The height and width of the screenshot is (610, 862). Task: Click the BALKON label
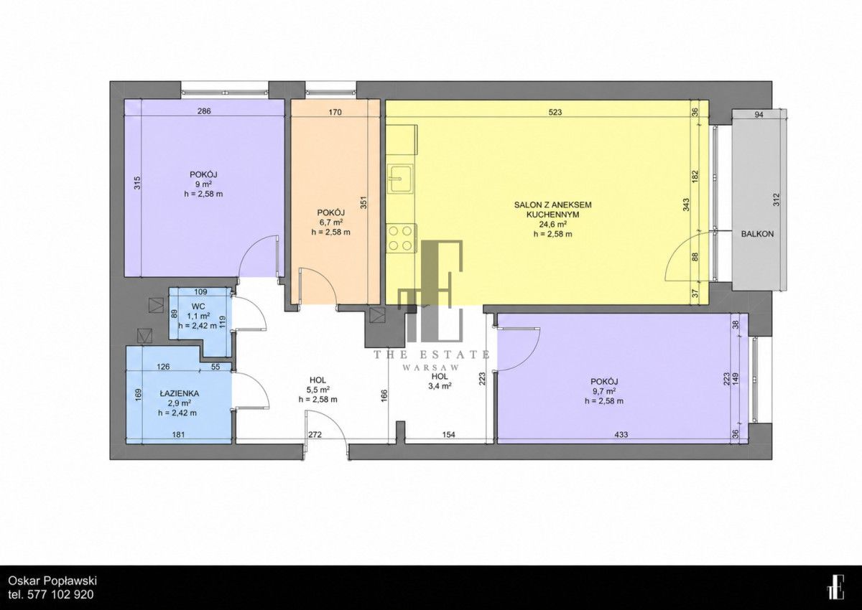[x=758, y=234]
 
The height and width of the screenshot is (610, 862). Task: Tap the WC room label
[x=198, y=306]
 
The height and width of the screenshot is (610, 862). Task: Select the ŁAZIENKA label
[x=180, y=393]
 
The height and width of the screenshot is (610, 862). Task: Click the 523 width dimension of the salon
[x=555, y=112]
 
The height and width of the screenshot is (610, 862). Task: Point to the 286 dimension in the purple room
[x=204, y=111]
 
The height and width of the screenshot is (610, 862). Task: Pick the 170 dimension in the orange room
[x=335, y=112]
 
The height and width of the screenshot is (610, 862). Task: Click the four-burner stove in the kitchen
[x=402, y=238]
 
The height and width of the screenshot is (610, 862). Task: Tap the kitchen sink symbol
[x=401, y=178]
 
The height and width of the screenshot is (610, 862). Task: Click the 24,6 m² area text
[x=552, y=224]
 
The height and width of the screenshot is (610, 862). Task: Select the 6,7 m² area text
[x=331, y=222]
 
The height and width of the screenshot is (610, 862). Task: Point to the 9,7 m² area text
[x=604, y=391]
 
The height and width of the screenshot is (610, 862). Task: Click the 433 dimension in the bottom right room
[x=621, y=435]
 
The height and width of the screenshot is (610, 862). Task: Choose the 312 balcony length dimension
[x=777, y=200]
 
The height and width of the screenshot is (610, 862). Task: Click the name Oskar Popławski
[x=52, y=581]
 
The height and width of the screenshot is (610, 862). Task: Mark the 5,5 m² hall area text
[x=318, y=390]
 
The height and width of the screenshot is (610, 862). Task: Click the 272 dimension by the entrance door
[x=315, y=435]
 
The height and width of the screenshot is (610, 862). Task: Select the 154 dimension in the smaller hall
[x=449, y=435]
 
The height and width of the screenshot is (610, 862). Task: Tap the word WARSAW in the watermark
[x=431, y=367]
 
